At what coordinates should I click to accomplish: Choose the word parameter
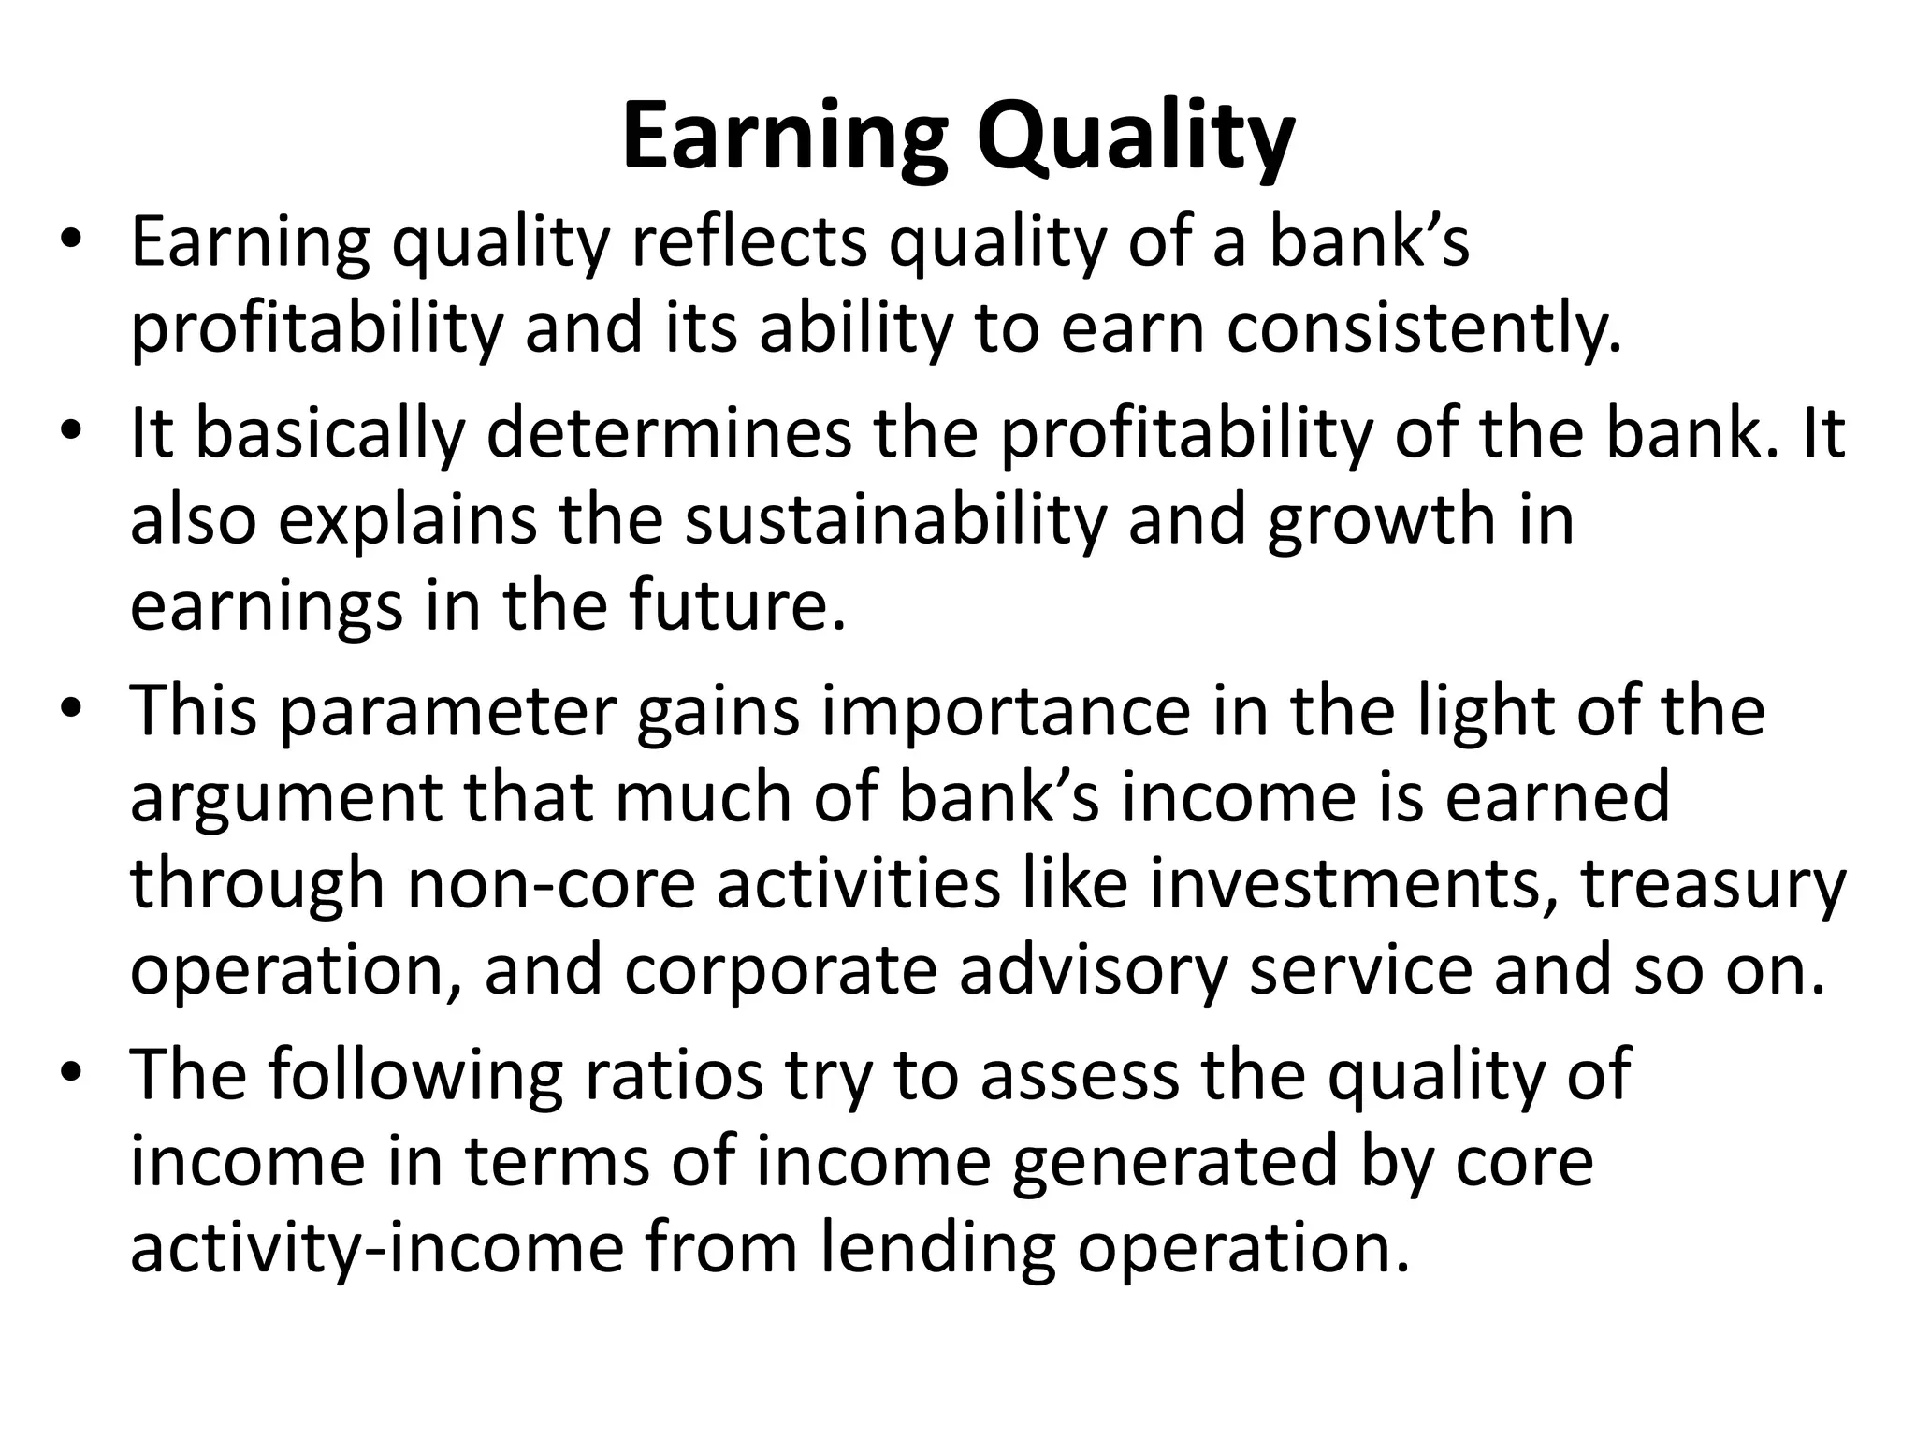pyautogui.click(x=447, y=710)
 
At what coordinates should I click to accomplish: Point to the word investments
pyautogui.click(x=1345, y=883)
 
